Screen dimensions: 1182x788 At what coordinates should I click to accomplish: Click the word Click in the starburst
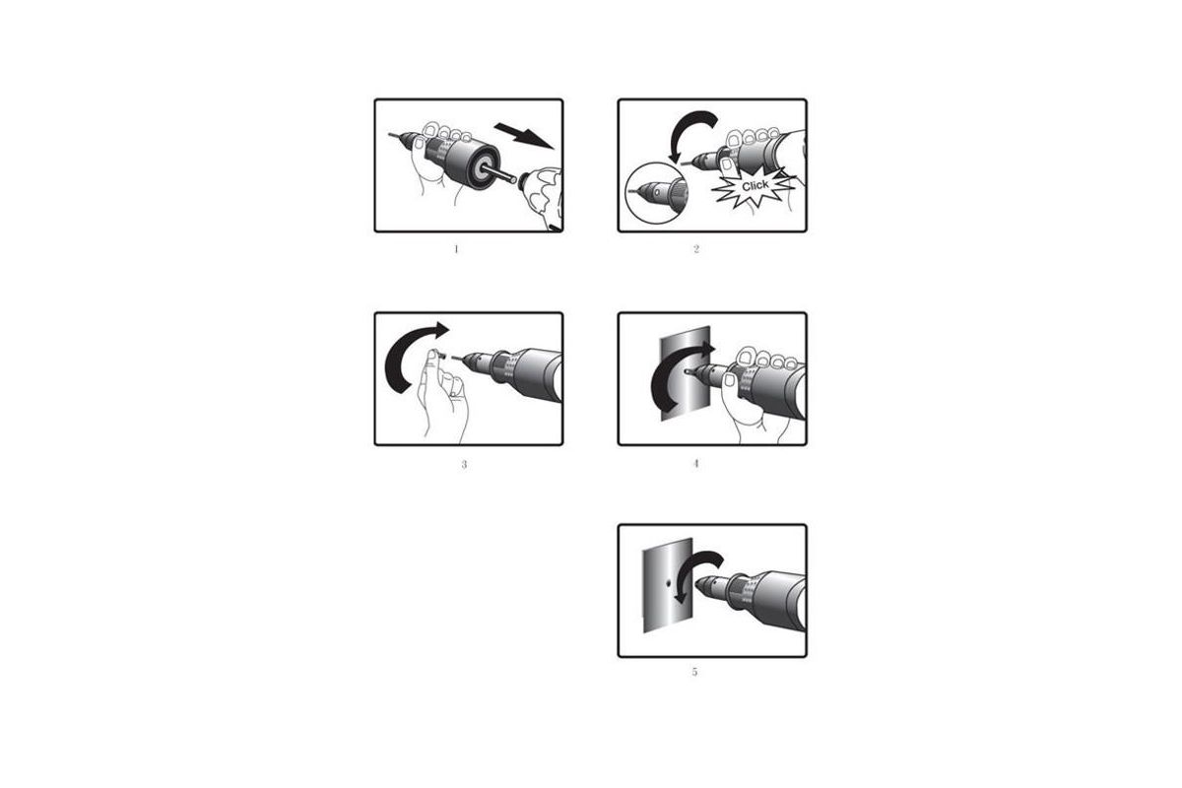(755, 186)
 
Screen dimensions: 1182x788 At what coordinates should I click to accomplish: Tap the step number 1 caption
(456, 249)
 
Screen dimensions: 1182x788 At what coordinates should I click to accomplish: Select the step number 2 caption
(696, 249)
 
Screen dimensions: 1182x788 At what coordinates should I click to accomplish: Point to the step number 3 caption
(464, 465)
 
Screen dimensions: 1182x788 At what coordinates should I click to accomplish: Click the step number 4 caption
(696, 463)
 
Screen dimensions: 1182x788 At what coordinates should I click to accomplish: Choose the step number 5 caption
(694, 672)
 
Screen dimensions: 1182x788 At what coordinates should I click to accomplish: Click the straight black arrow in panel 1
(524, 136)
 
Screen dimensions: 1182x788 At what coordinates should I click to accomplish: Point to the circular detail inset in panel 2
(656, 193)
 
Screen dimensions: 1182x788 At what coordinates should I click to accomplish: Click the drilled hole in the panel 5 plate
(668, 584)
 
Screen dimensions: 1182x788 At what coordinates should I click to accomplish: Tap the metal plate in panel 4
(686, 373)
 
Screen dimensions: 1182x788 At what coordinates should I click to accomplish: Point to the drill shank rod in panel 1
(498, 174)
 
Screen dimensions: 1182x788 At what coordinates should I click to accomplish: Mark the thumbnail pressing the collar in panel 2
(728, 164)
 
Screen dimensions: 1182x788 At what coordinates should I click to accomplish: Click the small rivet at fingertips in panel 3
(440, 357)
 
